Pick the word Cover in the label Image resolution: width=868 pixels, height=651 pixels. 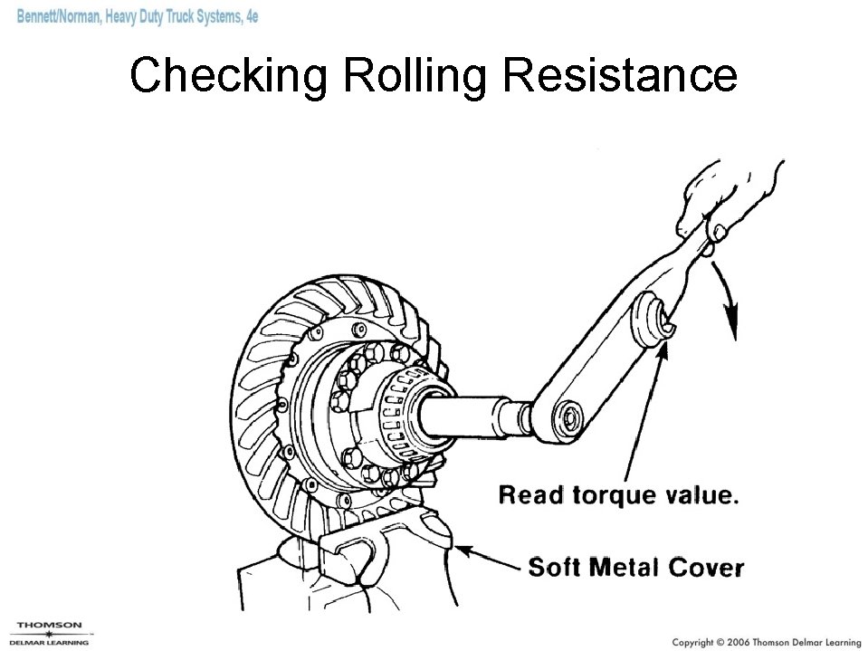pyautogui.click(x=707, y=568)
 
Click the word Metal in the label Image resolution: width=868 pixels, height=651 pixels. pyautogui.click(x=625, y=568)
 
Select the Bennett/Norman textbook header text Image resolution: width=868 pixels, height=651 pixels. pyautogui.click(x=136, y=17)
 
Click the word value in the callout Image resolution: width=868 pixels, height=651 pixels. pyautogui.click(x=704, y=495)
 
